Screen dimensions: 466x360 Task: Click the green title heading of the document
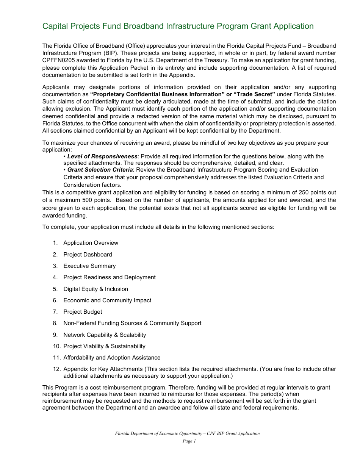coord(178,26)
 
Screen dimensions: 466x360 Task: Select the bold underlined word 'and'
coord(102,116)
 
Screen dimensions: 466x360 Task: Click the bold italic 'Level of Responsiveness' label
coord(102,156)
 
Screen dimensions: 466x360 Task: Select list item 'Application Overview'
coord(91,243)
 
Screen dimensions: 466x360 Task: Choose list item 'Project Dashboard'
coord(88,255)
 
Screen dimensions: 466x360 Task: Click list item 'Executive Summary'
coord(89,266)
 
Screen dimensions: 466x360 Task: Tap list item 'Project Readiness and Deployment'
coord(110,277)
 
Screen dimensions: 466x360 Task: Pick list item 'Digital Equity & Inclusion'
coord(95,289)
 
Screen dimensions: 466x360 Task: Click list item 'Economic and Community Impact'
coord(107,300)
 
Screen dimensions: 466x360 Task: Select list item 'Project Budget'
coord(83,312)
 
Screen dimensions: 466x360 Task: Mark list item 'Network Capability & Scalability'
coord(105,335)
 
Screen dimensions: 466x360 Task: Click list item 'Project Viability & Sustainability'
coord(104,346)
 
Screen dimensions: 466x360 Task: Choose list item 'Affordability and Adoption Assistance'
coord(112,358)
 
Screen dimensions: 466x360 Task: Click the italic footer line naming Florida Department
coord(187,433)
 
